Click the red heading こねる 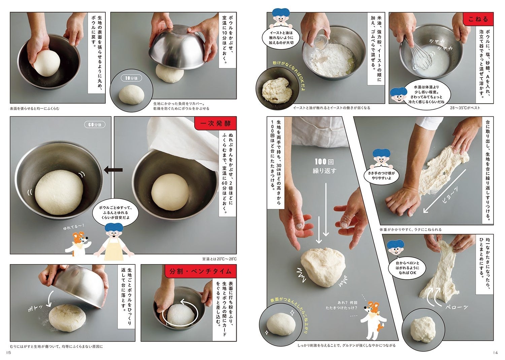coord(478,19)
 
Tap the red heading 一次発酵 coord(215,123)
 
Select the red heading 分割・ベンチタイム coord(200,271)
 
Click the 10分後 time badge coord(131,78)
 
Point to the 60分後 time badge coord(95,124)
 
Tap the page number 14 coord(495,353)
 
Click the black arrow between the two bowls coord(113,170)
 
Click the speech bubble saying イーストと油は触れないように coord(281,37)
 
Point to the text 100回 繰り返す coord(325,166)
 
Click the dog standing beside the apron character coord(78,245)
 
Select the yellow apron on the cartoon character coord(114,249)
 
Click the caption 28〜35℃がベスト coord(465,108)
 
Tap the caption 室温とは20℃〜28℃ coord(220,259)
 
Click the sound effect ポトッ coord(35,308)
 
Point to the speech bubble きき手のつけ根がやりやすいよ coord(381,175)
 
